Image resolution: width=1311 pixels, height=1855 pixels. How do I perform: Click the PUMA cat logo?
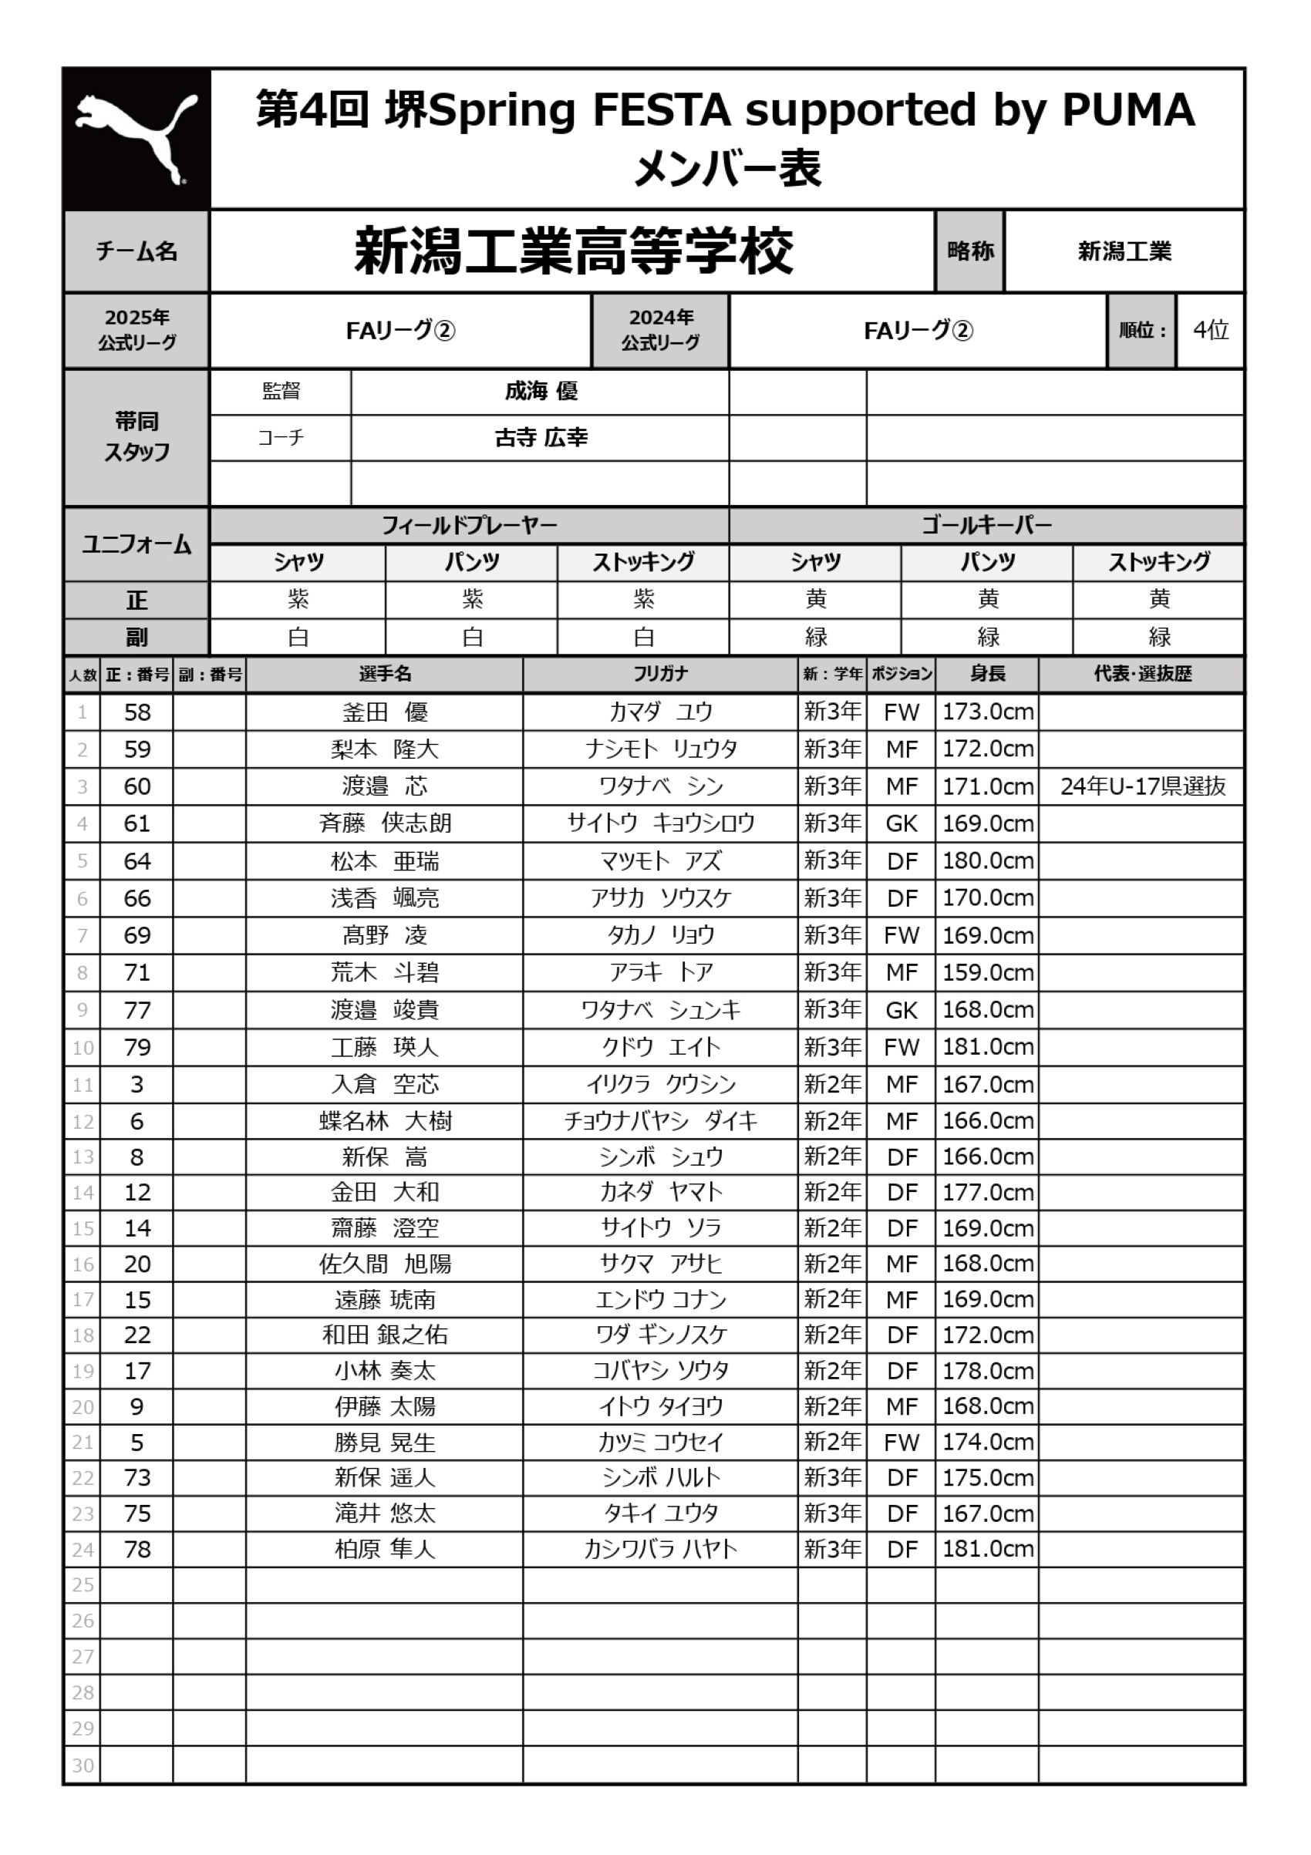tap(136, 138)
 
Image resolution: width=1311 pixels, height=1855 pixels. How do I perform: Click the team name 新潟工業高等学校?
tap(573, 251)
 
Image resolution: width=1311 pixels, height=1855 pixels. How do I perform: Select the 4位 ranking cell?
tap(1210, 330)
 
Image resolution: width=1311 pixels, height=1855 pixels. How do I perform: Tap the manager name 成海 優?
tap(541, 392)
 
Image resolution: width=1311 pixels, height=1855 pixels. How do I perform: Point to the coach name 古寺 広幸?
tap(541, 438)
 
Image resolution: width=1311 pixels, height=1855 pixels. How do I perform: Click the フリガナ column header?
tap(659, 674)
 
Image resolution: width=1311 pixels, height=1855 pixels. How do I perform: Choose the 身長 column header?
tap(987, 674)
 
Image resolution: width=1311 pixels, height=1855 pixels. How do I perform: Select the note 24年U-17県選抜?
tap(1142, 786)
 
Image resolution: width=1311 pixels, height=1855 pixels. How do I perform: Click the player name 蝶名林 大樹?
tap(385, 1121)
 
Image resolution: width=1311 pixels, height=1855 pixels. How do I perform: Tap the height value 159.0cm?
tap(987, 972)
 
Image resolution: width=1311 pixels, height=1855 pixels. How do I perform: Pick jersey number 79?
tap(136, 1047)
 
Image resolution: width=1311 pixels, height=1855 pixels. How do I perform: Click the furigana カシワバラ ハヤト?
tap(659, 1549)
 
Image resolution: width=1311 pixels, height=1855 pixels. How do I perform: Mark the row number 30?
tap(83, 1766)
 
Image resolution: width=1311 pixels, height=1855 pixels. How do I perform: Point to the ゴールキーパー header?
tap(986, 525)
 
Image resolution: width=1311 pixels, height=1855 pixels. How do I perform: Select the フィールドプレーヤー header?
tap(469, 525)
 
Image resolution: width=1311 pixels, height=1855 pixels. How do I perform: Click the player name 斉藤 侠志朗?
tap(385, 823)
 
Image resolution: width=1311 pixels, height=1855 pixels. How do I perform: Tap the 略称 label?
tap(970, 251)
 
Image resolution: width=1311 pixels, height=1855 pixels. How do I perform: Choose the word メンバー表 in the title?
tap(726, 169)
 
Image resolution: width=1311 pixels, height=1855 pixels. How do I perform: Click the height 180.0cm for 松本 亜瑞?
tap(987, 860)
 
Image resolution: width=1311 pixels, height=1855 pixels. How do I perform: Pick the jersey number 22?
tap(136, 1335)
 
